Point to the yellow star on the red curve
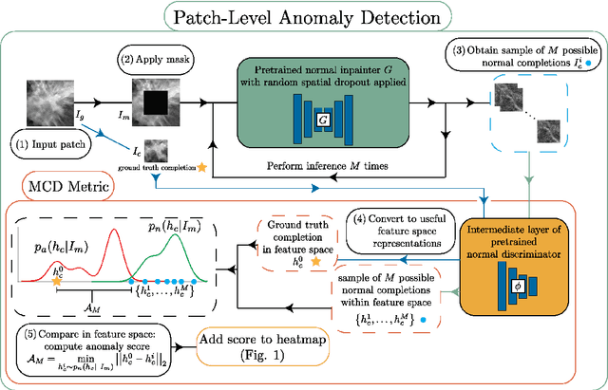pos(56,282)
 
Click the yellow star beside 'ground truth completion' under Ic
pos(200,165)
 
